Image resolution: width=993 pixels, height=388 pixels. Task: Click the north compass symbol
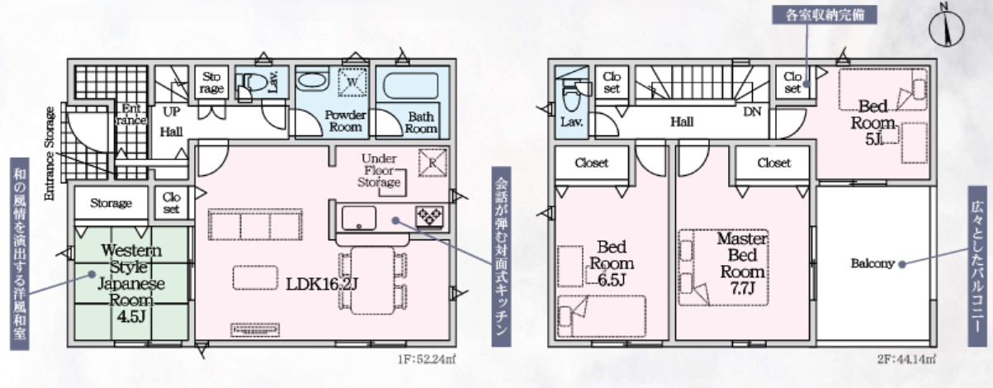[946, 26]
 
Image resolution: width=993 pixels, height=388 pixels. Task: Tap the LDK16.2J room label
[321, 284]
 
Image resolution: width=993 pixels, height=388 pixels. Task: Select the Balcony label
[872, 263]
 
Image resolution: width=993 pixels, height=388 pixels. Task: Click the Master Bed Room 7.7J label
[742, 263]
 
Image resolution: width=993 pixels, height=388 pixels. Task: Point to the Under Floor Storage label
[379, 170]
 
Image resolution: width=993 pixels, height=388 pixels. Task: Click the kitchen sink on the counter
[358, 218]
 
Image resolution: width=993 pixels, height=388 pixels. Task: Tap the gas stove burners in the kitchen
[429, 217]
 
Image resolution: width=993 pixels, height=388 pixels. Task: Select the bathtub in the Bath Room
[410, 86]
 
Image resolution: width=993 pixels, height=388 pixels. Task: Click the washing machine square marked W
[352, 82]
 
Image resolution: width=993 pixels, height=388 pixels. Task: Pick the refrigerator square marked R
[433, 163]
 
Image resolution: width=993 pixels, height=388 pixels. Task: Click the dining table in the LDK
[373, 281]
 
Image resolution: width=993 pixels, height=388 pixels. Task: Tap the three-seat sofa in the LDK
[255, 225]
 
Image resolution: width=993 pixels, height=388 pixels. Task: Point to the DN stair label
[752, 111]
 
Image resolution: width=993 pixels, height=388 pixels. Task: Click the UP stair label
[171, 111]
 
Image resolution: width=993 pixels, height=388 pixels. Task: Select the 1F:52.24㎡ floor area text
[426, 359]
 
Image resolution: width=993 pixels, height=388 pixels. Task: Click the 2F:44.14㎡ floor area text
[907, 359]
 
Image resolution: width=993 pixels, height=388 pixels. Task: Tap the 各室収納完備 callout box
[825, 15]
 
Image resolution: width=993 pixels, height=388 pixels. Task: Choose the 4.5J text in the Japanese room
[131, 317]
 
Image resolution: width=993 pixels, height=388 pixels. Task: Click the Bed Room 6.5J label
[612, 263]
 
